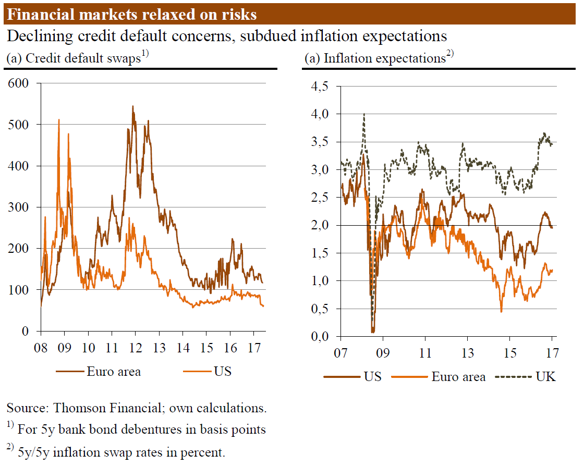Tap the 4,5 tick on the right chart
320,87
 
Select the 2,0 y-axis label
320,225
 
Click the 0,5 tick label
320,309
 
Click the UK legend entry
546,377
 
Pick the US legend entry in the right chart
372,377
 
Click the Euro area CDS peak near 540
132,106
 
